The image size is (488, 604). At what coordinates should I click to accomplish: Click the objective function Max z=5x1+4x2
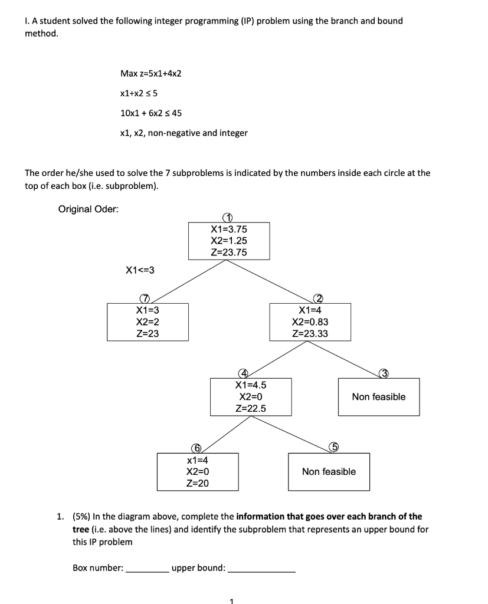150,73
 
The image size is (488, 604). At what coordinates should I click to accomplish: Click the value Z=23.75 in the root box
229,252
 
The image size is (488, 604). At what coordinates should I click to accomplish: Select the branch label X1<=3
140,270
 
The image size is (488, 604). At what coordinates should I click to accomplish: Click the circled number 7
142,298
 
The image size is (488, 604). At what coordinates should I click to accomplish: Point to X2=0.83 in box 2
310,322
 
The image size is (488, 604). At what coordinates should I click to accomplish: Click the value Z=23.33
310,334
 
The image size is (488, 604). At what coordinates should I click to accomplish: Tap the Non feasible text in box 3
379,397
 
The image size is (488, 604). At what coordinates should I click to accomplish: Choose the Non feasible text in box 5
329,471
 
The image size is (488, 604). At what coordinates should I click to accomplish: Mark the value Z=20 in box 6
197,483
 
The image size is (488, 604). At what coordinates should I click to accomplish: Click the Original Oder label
88,209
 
